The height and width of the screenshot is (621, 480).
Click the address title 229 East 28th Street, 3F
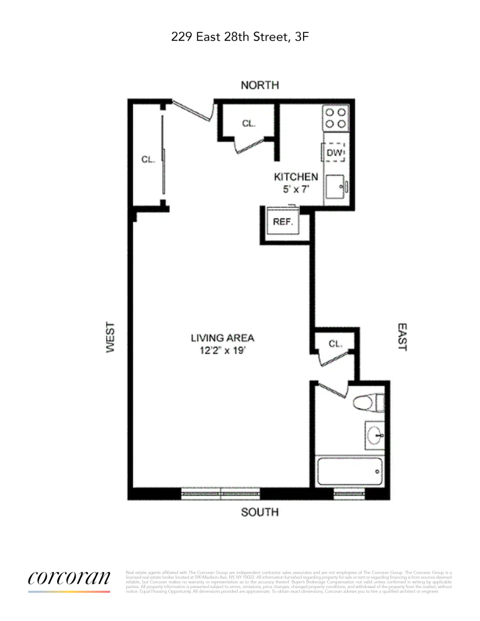(x=240, y=37)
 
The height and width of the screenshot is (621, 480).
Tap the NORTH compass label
(x=260, y=85)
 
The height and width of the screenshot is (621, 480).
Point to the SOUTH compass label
(x=259, y=512)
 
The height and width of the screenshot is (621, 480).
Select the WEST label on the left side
(x=111, y=337)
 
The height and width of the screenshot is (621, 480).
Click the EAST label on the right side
(x=401, y=337)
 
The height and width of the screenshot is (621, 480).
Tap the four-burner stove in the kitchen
(x=335, y=118)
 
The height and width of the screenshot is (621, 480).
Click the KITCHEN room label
(x=296, y=177)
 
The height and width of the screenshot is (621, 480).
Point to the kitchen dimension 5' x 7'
(x=296, y=189)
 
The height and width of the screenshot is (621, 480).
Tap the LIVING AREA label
(x=222, y=338)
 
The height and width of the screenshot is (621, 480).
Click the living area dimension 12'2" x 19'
(x=222, y=350)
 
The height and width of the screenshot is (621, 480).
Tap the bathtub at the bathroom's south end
(x=348, y=474)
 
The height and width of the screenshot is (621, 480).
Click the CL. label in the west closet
(x=148, y=160)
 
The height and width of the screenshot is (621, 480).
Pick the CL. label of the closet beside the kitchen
(x=248, y=124)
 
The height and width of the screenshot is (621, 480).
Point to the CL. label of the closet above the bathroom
(x=335, y=343)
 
